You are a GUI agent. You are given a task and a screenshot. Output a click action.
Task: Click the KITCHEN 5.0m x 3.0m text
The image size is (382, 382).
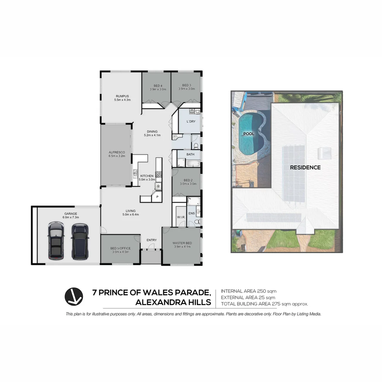[147, 178]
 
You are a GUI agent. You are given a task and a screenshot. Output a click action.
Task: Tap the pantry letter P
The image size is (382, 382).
[157, 197]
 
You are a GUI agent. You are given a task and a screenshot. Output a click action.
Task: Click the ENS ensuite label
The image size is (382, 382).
[191, 213]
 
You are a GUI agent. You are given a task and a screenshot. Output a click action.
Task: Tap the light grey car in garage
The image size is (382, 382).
[56, 241]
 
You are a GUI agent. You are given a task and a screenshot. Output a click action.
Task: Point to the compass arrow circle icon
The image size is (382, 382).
[74, 296]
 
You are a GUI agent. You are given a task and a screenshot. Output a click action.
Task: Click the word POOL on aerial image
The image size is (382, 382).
[249, 134]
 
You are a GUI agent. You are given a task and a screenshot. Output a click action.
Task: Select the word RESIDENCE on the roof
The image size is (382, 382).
[305, 167]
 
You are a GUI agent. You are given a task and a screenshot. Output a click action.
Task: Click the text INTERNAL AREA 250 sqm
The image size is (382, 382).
[248, 291]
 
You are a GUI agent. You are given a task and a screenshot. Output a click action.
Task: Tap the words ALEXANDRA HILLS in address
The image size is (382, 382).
[173, 302]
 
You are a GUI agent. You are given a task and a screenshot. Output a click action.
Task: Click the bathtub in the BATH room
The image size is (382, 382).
[193, 163]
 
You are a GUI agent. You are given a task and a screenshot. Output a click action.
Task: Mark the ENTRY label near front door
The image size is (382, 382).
[151, 240]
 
